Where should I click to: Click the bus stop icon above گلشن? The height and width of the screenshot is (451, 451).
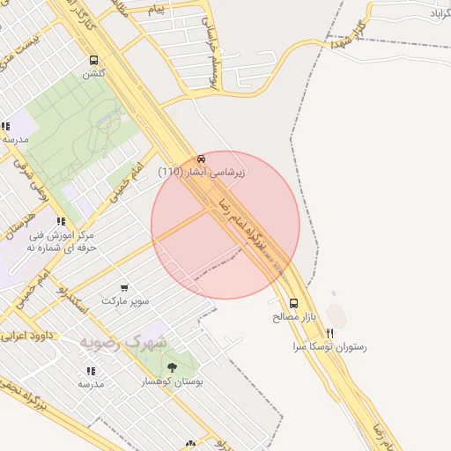click(x=94, y=60)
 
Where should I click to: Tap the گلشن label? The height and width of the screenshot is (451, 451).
click(x=94, y=74)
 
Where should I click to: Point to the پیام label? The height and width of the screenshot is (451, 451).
click(x=156, y=9)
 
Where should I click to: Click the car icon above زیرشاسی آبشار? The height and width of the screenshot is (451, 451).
click(x=202, y=159)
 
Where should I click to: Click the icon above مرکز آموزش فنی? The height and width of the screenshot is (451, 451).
click(x=60, y=222)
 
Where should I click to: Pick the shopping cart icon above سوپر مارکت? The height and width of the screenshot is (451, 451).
click(x=123, y=287)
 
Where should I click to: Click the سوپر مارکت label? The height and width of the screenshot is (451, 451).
click(x=125, y=301)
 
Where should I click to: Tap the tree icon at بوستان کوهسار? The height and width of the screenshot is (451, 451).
click(x=172, y=367)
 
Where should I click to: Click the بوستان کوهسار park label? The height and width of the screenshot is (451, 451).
click(x=173, y=381)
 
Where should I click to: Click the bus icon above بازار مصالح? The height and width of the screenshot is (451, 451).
click(x=293, y=303)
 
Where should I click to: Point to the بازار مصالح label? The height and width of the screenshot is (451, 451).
click(x=298, y=316)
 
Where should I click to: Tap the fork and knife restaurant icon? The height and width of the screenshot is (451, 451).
click(x=330, y=334)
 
